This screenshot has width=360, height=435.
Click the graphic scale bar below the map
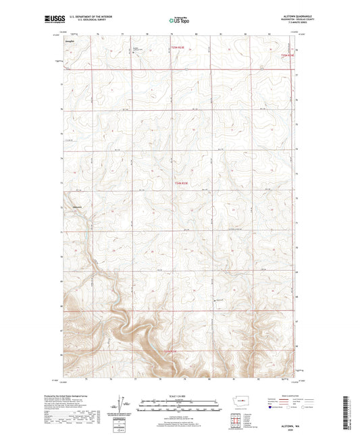coord(179,407)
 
